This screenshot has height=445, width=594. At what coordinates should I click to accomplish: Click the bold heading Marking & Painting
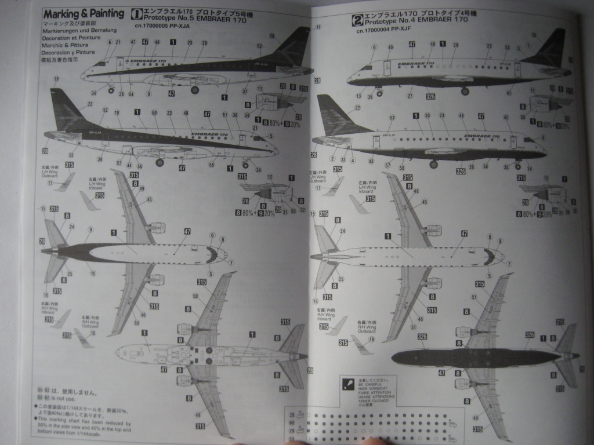[84, 14]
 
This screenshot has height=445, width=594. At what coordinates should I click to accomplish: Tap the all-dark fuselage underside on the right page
[476, 358]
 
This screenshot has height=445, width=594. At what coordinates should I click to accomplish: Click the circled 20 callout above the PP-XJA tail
[272, 35]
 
